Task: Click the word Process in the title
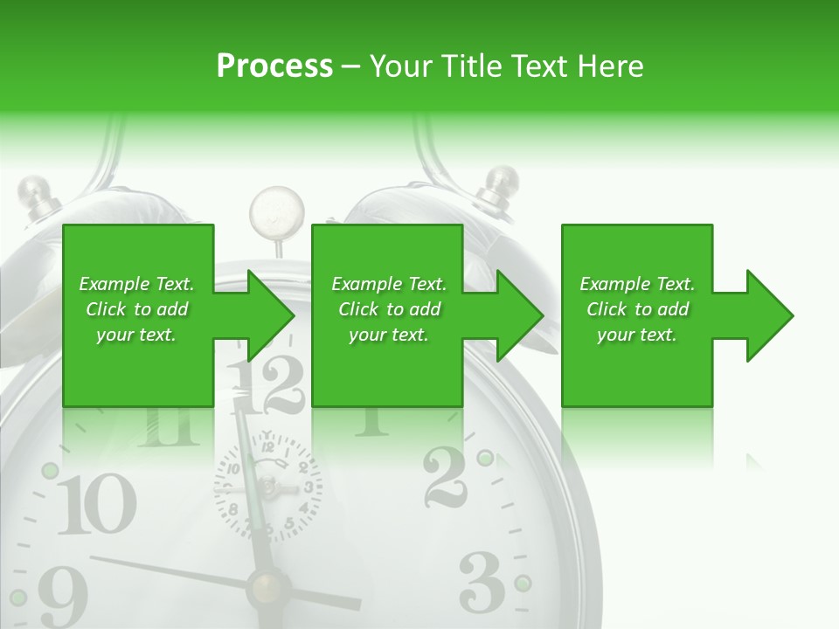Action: pos(274,66)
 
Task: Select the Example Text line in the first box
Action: pos(136,284)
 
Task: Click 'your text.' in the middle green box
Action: pos(388,335)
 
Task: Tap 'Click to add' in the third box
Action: pos(637,309)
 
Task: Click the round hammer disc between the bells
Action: pos(276,211)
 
